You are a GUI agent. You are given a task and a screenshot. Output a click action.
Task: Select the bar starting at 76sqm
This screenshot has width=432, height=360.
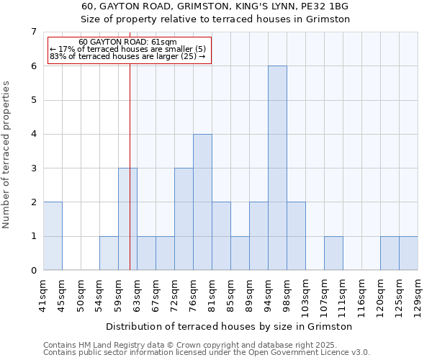202,202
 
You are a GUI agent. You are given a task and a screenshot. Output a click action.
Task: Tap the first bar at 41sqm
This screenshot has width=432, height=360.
53,235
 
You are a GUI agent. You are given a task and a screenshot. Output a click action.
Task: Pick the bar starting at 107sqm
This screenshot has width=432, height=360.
333,253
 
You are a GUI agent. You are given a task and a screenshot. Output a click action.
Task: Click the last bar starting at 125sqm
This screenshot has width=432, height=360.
408,253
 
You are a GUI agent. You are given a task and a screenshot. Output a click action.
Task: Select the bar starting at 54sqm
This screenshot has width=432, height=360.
109,253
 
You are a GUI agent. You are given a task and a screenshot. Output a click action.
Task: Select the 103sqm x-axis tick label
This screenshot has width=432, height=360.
305,293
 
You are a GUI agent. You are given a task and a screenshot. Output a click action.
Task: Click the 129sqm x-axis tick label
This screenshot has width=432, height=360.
418,293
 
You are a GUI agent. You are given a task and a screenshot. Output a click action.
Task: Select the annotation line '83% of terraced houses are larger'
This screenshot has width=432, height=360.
127,56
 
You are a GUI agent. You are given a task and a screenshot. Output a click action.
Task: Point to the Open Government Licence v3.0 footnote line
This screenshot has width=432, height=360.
207,353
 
